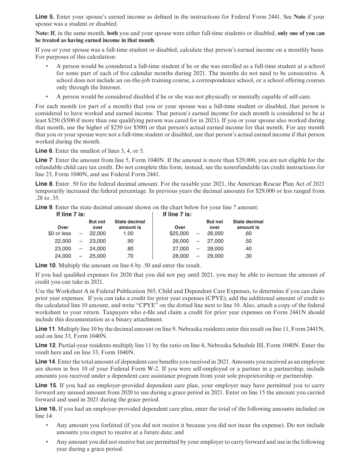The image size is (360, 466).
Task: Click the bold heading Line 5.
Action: click(45, 17)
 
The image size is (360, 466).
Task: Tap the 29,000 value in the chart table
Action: click(215, 256)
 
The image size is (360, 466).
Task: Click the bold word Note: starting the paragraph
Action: click(42, 33)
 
